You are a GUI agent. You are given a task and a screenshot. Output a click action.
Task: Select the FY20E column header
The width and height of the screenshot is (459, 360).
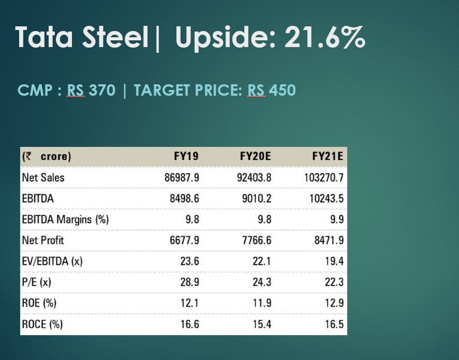255,156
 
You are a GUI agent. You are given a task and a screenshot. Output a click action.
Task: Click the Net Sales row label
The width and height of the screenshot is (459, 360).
43,177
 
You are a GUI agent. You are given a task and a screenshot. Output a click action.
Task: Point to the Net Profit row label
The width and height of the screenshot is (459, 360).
43,240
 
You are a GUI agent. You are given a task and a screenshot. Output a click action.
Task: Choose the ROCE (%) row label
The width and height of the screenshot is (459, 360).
42,324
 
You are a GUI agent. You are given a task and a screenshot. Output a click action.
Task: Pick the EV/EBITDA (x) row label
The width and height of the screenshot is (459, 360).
52,261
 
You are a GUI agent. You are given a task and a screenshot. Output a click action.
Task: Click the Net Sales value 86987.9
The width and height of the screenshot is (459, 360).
182,177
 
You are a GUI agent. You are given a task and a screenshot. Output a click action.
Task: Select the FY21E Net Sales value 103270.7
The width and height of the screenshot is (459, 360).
324,177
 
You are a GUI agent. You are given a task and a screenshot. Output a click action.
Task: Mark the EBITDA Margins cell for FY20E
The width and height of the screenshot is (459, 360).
264,219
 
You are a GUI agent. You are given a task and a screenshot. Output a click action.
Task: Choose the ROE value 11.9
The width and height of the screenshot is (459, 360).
262,303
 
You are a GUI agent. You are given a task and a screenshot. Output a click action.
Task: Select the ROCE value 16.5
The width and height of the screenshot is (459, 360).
334,324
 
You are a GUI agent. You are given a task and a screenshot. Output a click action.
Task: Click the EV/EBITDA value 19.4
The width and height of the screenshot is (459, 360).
334,261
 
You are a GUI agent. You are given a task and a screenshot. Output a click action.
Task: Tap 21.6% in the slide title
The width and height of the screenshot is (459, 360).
325,37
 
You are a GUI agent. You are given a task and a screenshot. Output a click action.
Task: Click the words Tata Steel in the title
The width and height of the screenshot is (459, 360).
82,37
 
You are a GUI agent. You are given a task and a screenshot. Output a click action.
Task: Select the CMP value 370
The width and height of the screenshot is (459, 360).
102,91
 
